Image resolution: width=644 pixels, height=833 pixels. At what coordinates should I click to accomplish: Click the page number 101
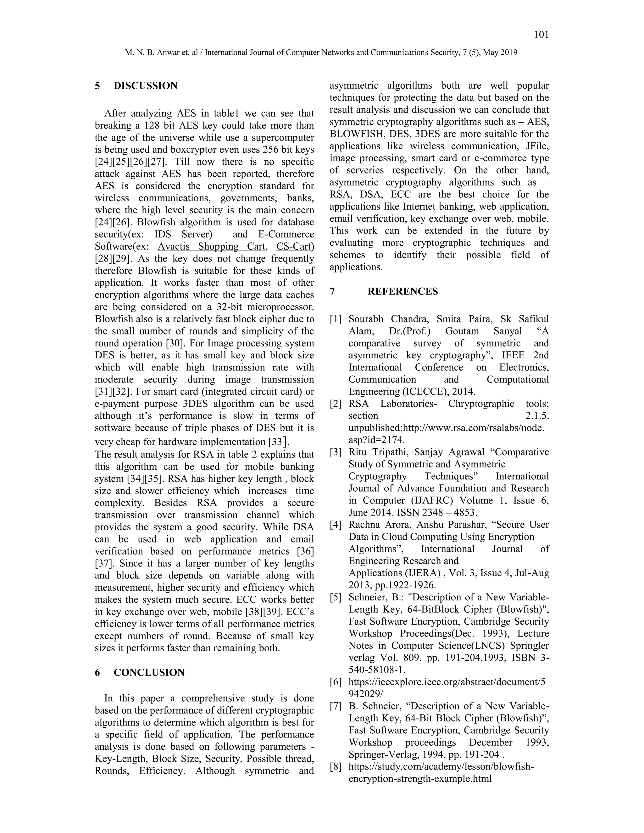click(x=541, y=35)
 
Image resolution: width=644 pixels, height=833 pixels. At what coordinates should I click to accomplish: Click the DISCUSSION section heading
click(x=145, y=86)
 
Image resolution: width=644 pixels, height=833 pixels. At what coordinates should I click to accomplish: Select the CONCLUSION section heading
click(x=149, y=672)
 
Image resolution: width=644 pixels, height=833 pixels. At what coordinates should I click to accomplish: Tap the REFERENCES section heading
click(x=402, y=291)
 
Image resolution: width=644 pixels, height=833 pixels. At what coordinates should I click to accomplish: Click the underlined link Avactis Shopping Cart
click(x=211, y=246)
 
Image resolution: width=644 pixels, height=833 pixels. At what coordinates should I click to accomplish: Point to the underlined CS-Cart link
click(x=294, y=246)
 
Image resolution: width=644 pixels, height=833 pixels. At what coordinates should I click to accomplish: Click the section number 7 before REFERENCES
click(x=332, y=291)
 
